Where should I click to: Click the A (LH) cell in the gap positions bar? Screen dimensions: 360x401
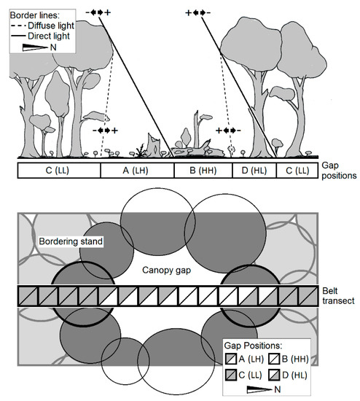tap(137, 171)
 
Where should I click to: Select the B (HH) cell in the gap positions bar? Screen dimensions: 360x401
tap(203, 171)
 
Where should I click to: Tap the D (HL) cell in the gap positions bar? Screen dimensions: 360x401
tap(254, 171)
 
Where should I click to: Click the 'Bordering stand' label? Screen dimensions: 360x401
tap(71, 241)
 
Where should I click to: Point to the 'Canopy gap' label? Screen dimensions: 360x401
tap(166, 270)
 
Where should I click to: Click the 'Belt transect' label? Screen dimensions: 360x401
tap(338, 295)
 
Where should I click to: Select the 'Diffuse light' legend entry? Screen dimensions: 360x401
tap(42, 26)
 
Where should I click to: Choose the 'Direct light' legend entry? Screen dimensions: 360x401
tap(40, 36)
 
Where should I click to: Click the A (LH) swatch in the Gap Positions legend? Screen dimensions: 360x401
tap(231, 359)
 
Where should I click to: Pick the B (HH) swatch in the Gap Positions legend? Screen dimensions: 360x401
tap(274, 359)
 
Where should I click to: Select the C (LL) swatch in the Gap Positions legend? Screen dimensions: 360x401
tap(231, 375)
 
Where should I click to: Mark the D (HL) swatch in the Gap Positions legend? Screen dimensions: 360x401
tap(274, 375)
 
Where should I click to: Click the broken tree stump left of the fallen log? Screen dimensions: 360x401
tap(154, 146)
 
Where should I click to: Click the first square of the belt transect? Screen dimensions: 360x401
tap(28, 296)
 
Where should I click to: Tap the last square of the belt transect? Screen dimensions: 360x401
tap(308, 296)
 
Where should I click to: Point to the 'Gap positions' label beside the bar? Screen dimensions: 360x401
tap(339, 171)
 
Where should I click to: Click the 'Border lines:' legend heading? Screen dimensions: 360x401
tap(34, 15)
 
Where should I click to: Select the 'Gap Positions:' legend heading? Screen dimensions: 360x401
tap(253, 346)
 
